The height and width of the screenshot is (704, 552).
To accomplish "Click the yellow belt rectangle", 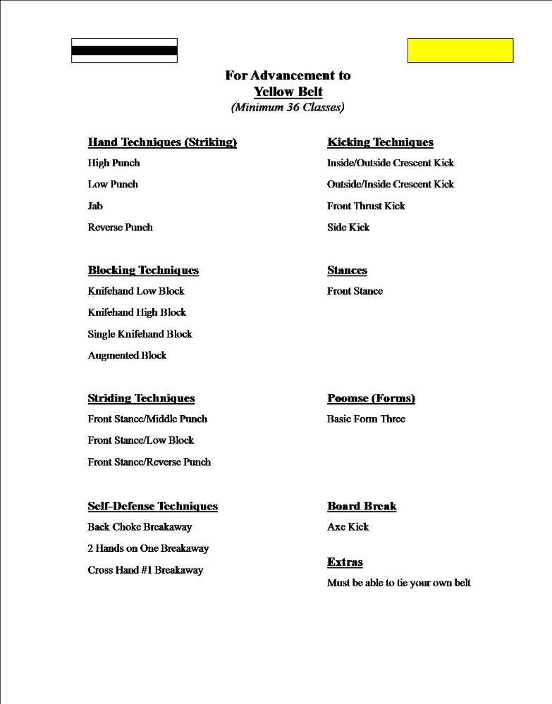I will pyautogui.click(x=460, y=51).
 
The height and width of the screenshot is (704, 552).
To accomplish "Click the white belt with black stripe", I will pyautogui.click(x=124, y=51).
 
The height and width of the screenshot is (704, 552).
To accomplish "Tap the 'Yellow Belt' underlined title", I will pyautogui.click(x=288, y=92).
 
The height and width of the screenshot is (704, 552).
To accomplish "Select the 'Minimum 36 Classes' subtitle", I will pyautogui.click(x=288, y=108).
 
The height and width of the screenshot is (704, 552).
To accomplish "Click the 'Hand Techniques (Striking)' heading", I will pyautogui.click(x=162, y=142).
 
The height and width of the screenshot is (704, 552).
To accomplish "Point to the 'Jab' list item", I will pyautogui.click(x=95, y=206).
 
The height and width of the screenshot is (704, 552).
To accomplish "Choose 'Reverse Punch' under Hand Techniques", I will pyautogui.click(x=120, y=228).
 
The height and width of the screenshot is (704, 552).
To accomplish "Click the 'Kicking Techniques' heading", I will pyautogui.click(x=380, y=142).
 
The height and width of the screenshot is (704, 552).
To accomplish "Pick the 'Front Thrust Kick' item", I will pyautogui.click(x=366, y=206).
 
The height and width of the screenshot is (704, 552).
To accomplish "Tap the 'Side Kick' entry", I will pyautogui.click(x=348, y=228).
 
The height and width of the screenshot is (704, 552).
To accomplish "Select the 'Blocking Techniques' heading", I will pyautogui.click(x=143, y=271).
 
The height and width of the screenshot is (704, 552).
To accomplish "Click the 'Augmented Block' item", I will pyautogui.click(x=127, y=356).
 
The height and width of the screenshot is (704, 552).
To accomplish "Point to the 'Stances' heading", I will pyautogui.click(x=347, y=271).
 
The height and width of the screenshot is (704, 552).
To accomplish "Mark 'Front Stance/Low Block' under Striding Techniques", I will pyautogui.click(x=141, y=440).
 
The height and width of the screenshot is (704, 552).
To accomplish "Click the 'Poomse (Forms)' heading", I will pyautogui.click(x=371, y=399).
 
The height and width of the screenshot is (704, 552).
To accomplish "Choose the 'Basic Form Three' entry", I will pyautogui.click(x=366, y=419).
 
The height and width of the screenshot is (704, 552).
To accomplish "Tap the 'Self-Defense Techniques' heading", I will pyautogui.click(x=152, y=507).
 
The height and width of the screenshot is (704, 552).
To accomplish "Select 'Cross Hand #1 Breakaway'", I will pyautogui.click(x=145, y=570).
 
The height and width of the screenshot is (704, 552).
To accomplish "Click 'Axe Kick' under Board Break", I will pyautogui.click(x=348, y=527).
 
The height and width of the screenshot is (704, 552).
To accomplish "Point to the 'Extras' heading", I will pyautogui.click(x=345, y=562).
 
